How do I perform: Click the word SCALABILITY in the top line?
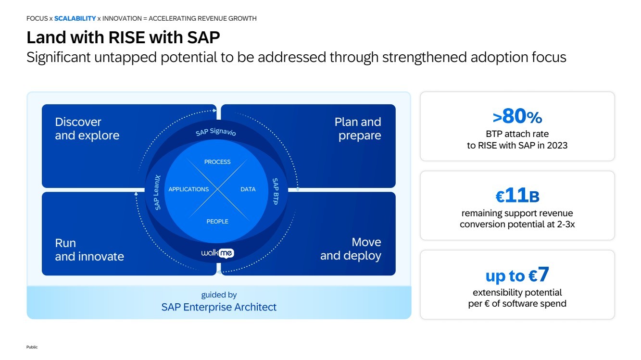pyautogui.click(x=75, y=19)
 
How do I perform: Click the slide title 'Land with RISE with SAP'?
pyautogui.click(x=123, y=37)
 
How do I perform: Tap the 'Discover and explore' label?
pyautogui.click(x=87, y=129)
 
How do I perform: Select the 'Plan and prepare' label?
pyautogui.click(x=357, y=129)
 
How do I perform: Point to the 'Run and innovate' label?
pyautogui.click(x=89, y=249)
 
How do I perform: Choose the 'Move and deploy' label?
pyautogui.click(x=351, y=249)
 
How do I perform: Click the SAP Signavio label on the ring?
pyautogui.click(x=216, y=132)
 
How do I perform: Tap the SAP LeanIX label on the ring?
pyautogui.click(x=158, y=192)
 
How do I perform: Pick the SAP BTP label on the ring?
pyautogui.click(x=275, y=191)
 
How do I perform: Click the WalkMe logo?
pyautogui.click(x=217, y=253)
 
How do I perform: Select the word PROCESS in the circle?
pyautogui.click(x=217, y=162)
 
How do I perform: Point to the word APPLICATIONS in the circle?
pyautogui.click(x=189, y=189)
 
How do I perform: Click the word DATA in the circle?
pyautogui.click(x=248, y=189)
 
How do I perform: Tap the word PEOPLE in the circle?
pyautogui.click(x=217, y=222)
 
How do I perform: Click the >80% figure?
pyautogui.click(x=517, y=117)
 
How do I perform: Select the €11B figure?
pyautogui.click(x=517, y=196)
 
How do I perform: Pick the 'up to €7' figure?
pyautogui.click(x=517, y=275)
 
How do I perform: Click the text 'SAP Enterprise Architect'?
pyautogui.click(x=219, y=307)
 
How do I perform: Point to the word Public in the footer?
pyautogui.click(x=32, y=347)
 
